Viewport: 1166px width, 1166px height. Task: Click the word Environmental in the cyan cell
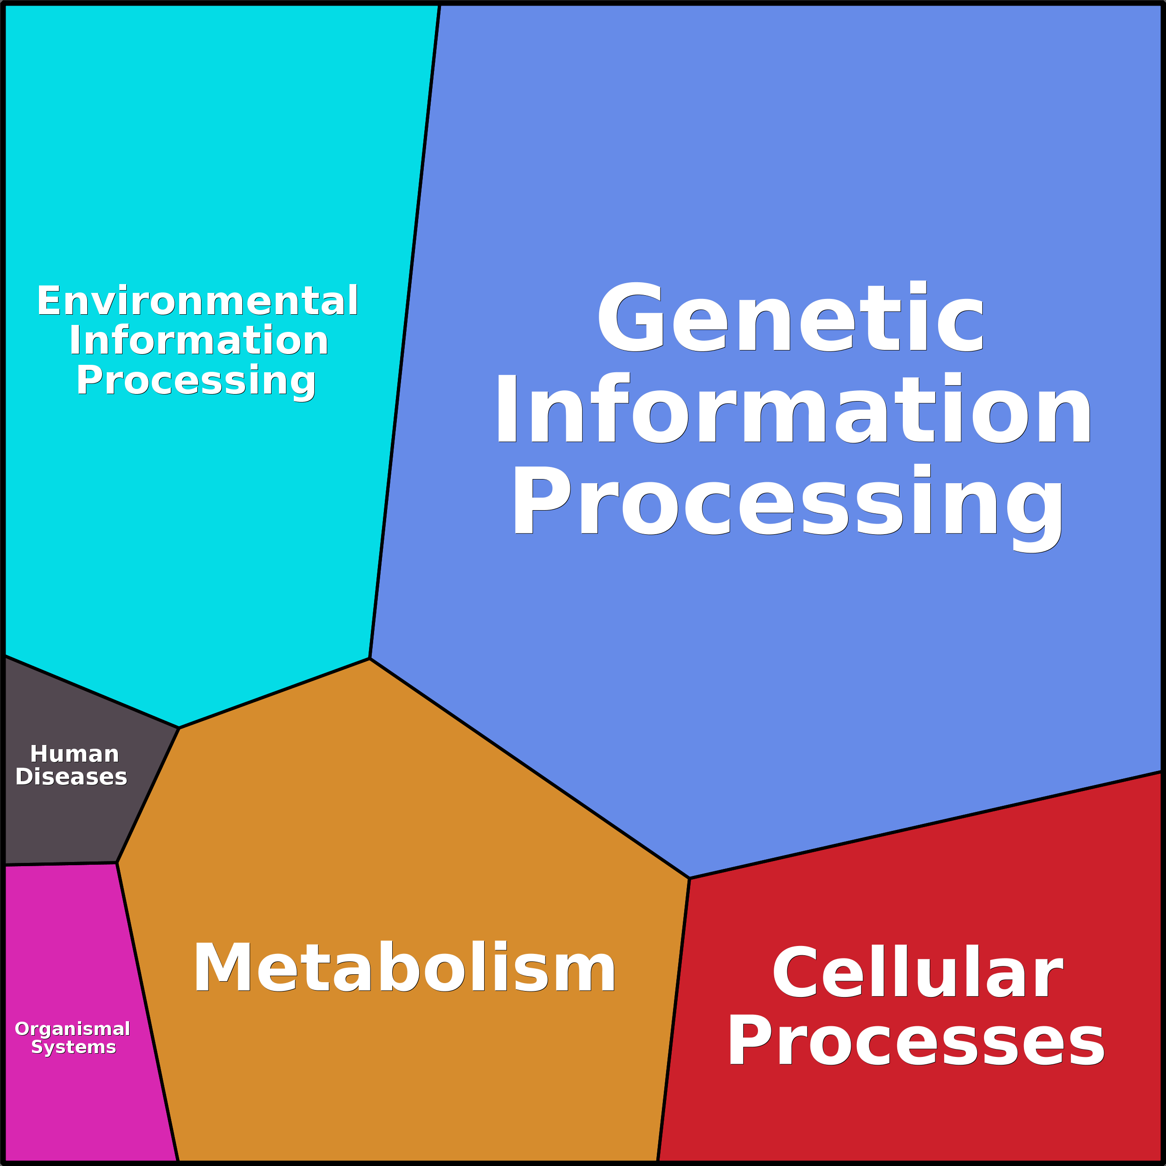point(197,301)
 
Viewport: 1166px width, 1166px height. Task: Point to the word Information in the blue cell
point(793,410)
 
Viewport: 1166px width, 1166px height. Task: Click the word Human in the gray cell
point(74,754)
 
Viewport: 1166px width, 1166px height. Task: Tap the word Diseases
point(71,777)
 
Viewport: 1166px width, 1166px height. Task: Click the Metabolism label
point(404,968)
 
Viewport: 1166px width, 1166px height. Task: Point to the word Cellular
point(917,973)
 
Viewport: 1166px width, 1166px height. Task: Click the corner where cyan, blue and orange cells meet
point(370,659)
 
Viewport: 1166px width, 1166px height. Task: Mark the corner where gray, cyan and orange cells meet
point(179,728)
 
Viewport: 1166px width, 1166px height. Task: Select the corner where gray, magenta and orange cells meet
point(117,863)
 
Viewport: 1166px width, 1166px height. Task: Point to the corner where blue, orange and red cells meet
point(689,878)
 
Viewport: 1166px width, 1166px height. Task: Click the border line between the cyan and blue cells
point(405,332)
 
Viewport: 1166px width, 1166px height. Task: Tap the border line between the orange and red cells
point(674,1020)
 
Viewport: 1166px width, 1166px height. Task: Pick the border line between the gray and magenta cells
point(60,864)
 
